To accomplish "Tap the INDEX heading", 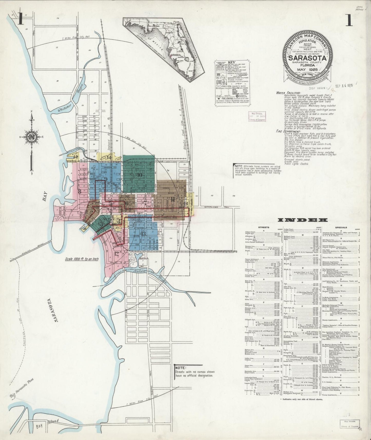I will tap(303, 220).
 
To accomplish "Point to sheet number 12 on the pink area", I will tap(117, 254).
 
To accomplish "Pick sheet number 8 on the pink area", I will tap(80, 191).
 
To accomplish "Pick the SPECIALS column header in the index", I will tap(341, 227).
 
